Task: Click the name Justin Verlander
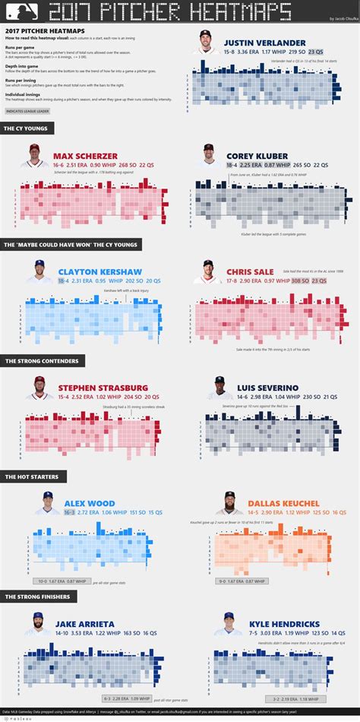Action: coord(264,43)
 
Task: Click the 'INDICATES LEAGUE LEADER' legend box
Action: coord(27,110)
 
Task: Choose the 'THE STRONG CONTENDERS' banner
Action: coord(36,362)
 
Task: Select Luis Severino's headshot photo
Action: coord(219,388)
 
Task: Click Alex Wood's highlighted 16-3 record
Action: coord(69,513)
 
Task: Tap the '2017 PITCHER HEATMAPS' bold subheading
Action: coord(31,30)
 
